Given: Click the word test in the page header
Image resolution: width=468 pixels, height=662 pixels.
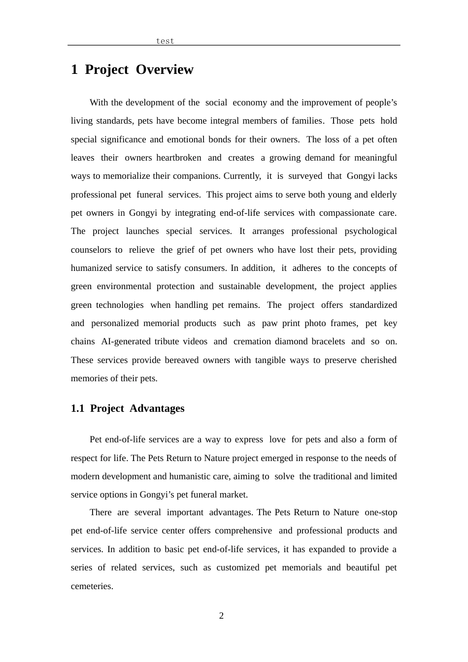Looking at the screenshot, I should coord(165,41).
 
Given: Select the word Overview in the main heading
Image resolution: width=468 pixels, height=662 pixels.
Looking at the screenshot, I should coord(165,70).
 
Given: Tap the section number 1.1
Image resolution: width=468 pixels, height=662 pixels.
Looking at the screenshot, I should coord(78,408).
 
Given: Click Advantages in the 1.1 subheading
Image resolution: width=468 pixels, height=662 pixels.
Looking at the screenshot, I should coord(157,408).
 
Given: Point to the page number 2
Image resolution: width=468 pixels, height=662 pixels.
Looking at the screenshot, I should coord(221,616).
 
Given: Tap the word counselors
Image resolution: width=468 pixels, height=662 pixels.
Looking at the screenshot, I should coord(91,250).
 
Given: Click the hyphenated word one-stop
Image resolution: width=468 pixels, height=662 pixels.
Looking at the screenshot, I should coord(381,512).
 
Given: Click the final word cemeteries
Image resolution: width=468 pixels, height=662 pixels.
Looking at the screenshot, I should coord(92,586).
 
